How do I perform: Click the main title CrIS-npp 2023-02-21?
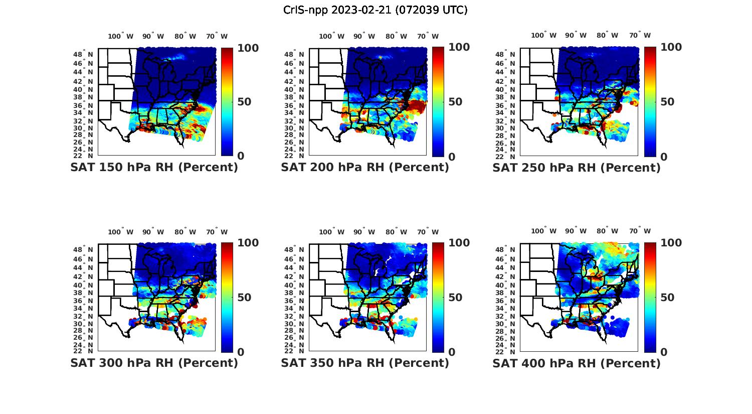[375, 10]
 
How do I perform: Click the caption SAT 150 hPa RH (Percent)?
[154, 168]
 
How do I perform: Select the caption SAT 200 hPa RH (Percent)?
[365, 168]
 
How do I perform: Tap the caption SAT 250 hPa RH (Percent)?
[577, 168]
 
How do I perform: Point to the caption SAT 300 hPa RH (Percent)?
[154, 363]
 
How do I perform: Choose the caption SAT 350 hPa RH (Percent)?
[365, 363]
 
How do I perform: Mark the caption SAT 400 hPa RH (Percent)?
[577, 363]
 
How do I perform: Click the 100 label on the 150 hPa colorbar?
[248, 48]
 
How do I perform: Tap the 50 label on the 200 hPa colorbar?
[455, 102]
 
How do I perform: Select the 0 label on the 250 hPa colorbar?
[664, 157]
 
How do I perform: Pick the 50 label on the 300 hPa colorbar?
[244, 298]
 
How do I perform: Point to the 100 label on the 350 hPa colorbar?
[459, 243]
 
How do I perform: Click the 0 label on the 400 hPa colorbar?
[664, 352]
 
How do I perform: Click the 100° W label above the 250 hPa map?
[543, 36]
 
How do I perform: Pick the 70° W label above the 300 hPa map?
[217, 232]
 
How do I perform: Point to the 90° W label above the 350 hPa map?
[364, 232]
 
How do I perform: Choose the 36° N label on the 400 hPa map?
[509, 301]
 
